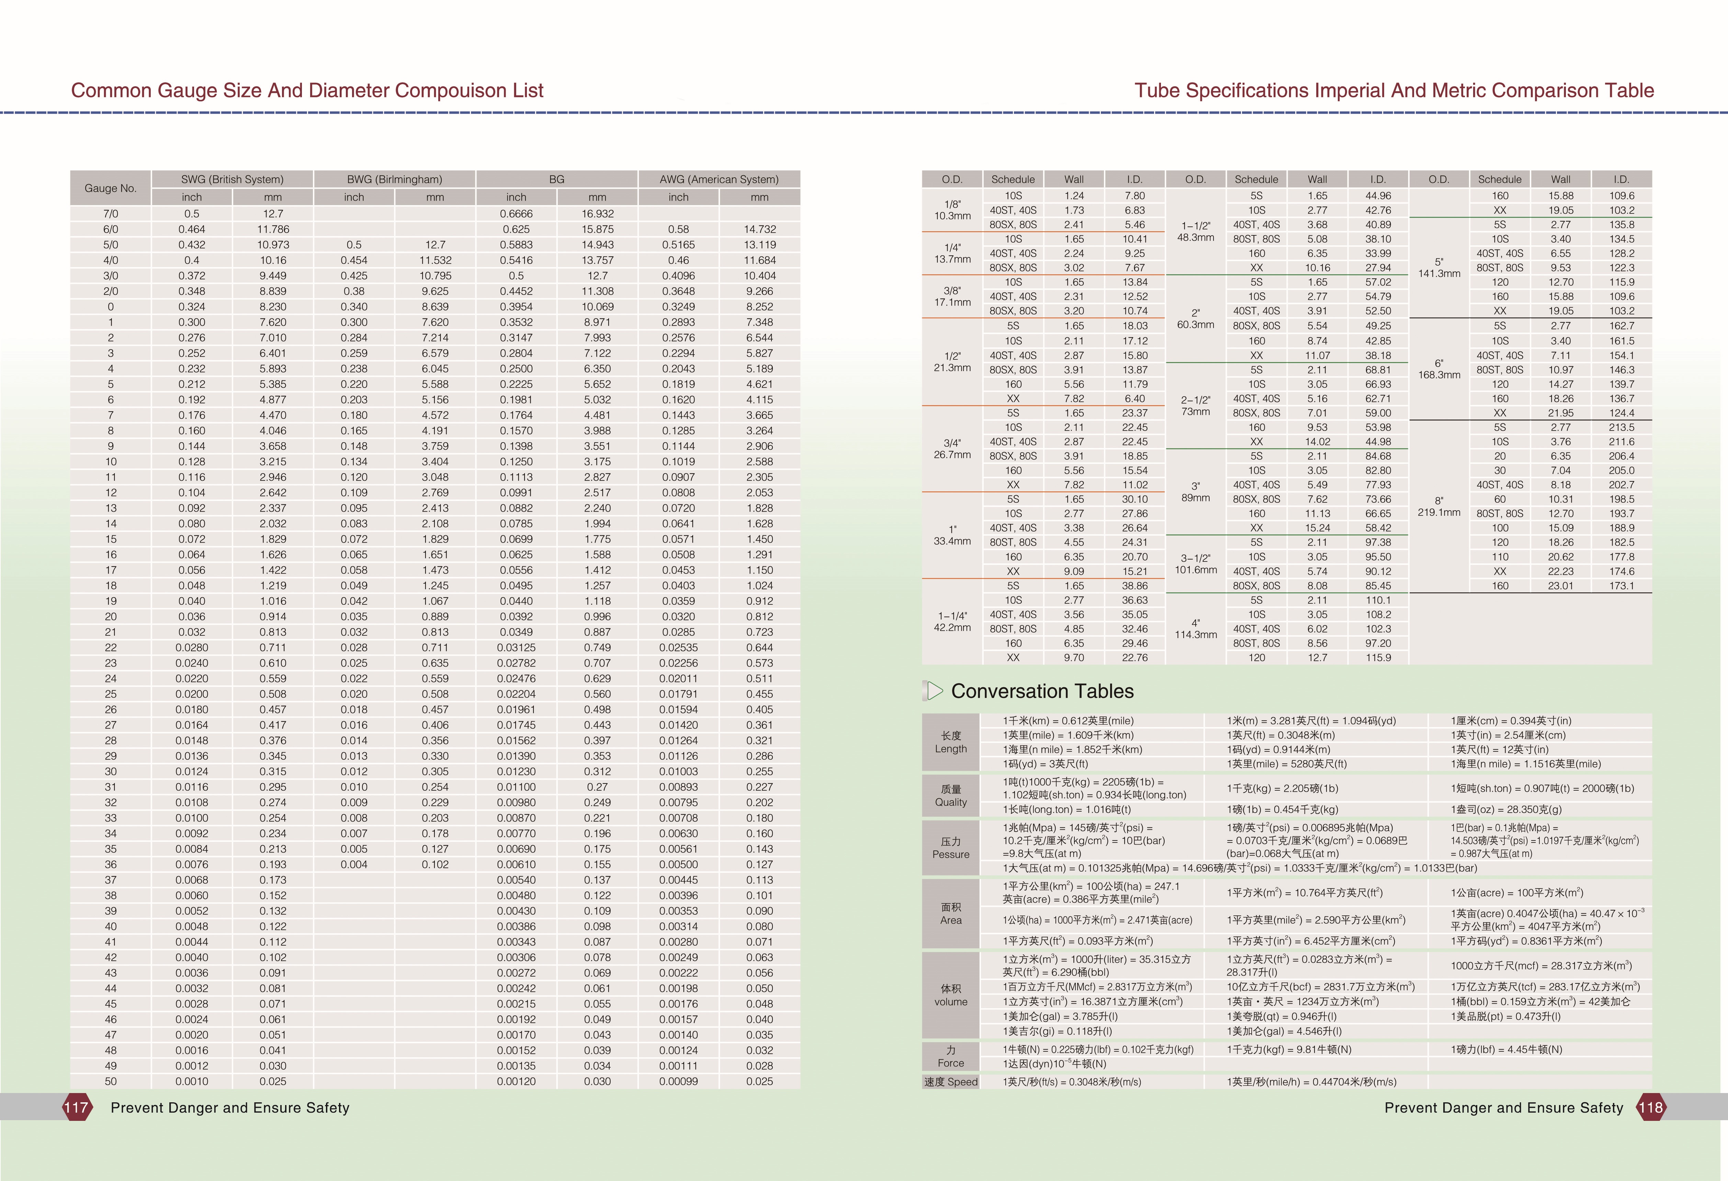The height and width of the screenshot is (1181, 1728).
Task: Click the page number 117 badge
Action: coord(77,1107)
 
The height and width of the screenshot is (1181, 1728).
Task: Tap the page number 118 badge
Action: coord(1650,1107)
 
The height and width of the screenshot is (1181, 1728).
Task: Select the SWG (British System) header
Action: coord(232,179)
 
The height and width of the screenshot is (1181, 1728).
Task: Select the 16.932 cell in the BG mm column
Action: coord(597,213)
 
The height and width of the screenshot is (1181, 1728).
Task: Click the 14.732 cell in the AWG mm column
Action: coord(759,229)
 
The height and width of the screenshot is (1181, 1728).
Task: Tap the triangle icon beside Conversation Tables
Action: coord(934,691)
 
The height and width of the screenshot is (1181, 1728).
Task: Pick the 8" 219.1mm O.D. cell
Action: coord(1439,506)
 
